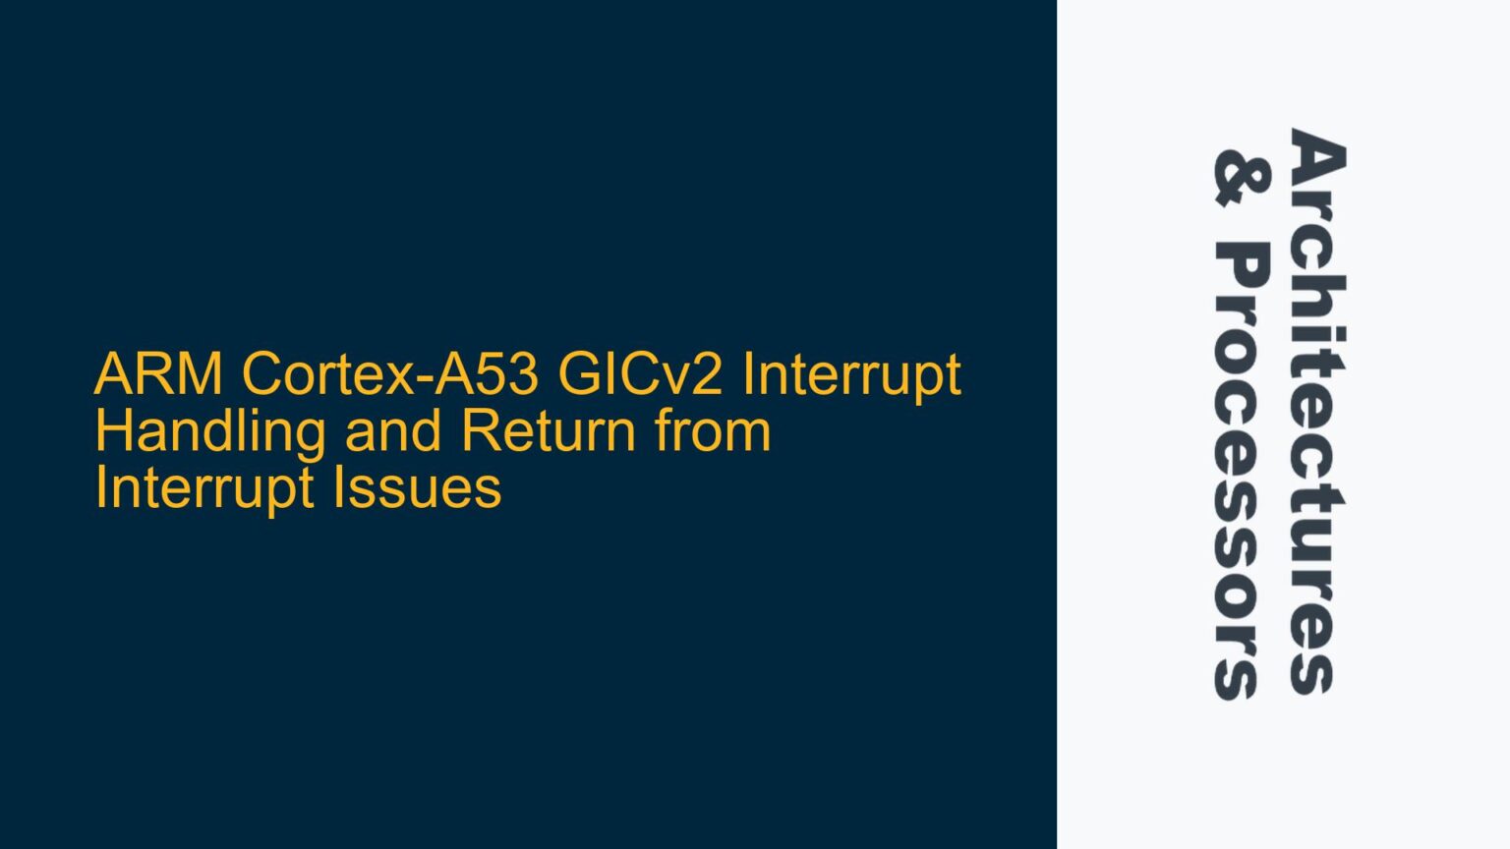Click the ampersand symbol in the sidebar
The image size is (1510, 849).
tap(1242, 178)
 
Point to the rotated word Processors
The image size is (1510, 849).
tap(1242, 471)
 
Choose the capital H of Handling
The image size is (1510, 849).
tap(113, 431)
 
